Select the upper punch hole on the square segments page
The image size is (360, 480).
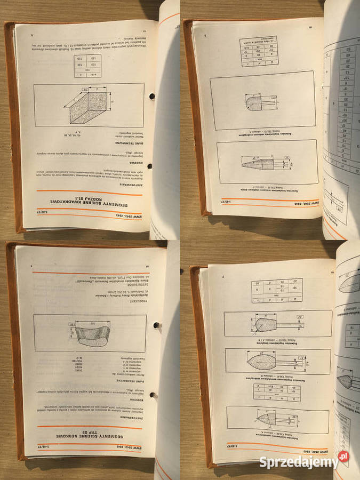tap(151, 96)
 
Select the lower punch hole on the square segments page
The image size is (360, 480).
tap(149, 166)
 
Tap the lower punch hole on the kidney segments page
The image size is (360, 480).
tap(154, 395)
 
